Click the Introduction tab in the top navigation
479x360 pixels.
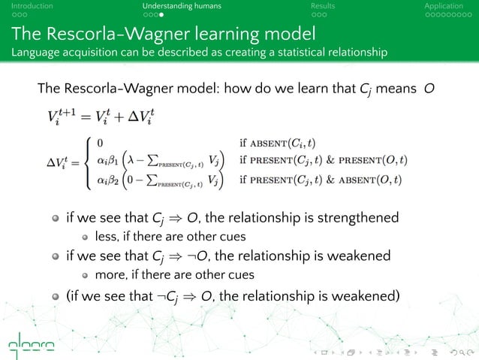26,6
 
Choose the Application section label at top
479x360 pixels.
444,6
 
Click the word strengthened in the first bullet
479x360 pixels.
353,219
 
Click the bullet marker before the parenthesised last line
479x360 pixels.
56,295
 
